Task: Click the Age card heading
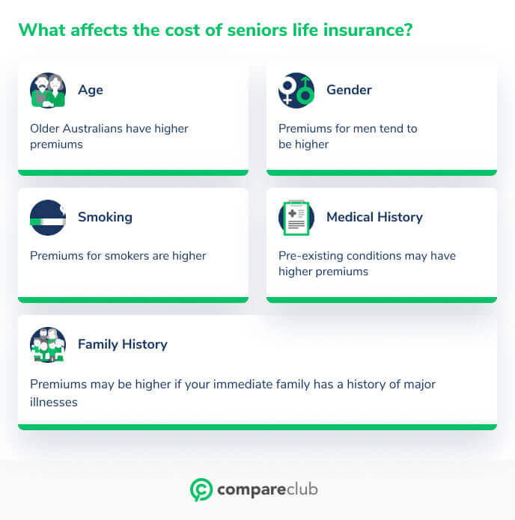coord(91,90)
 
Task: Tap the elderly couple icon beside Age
coord(48,91)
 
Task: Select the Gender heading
coord(349,90)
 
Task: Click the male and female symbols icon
coord(296,91)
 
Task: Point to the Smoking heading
coord(105,217)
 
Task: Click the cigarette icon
coord(48,218)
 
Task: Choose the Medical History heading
coord(374,217)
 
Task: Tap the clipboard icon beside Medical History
coord(296,218)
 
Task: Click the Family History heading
coord(122,344)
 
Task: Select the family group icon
coord(48,345)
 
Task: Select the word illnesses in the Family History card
coord(54,403)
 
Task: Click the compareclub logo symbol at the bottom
coord(201,490)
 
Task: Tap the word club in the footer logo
coord(299,490)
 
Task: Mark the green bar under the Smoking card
coord(133,300)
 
